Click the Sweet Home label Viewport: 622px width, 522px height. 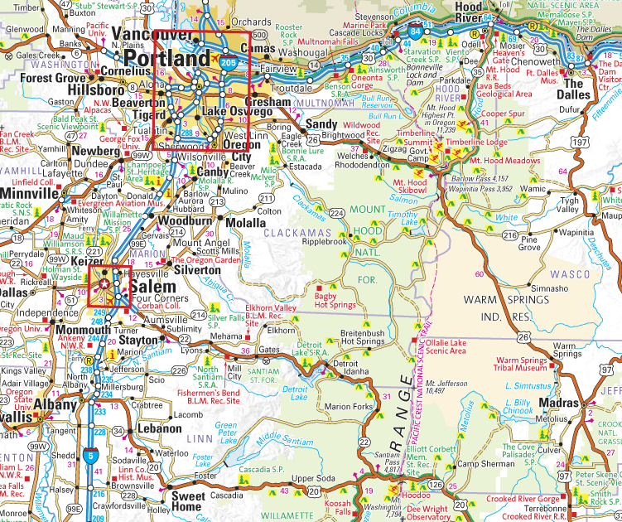point(187,501)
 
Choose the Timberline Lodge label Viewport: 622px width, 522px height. point(477,143)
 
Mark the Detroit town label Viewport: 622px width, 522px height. point(345,364)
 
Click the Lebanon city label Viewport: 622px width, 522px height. point(160,429)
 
